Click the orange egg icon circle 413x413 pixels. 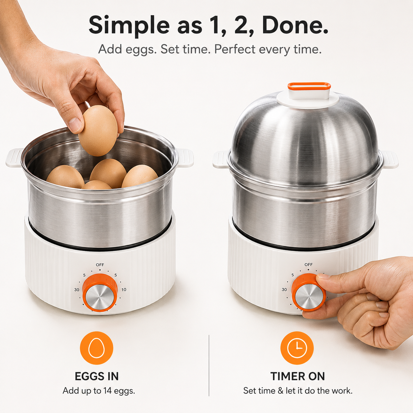(96, 348)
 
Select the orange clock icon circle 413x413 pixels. (297, 348)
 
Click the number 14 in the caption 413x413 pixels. (107, 391)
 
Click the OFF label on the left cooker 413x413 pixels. (100, 265)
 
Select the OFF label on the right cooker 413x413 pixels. (309, 265)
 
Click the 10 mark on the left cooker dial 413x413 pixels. (124, 290)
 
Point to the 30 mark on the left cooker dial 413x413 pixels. (76, 290)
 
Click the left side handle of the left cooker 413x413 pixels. (14, 158)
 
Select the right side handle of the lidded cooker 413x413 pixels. (390, 159)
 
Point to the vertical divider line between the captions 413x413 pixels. (209, 366)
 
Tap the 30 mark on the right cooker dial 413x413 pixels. (284, 289)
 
